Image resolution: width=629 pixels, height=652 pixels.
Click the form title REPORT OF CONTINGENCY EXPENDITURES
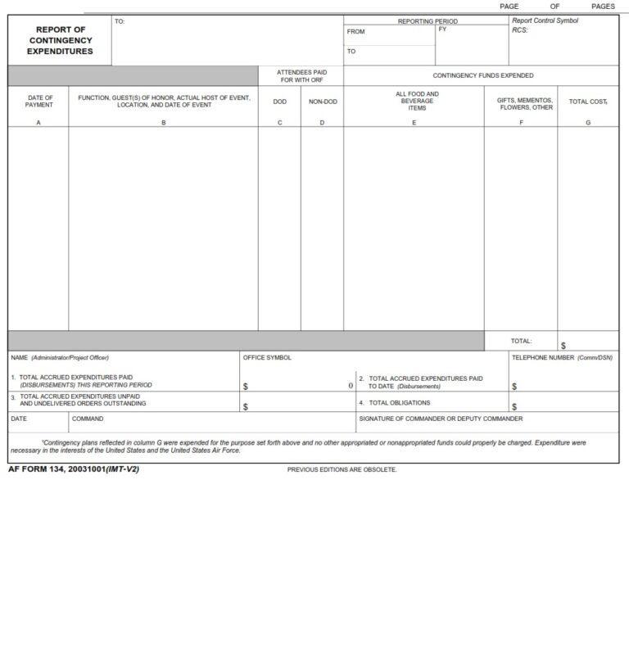point(60,40)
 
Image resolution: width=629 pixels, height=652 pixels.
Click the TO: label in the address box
point(120,21)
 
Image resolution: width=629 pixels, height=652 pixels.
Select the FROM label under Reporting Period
point(356,32)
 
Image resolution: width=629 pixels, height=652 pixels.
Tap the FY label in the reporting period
point(442,29)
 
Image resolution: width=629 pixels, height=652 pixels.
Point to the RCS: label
point(520,30)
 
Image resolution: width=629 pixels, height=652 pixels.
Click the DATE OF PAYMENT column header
point(39,102)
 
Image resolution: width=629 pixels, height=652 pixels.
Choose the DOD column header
point(280,102)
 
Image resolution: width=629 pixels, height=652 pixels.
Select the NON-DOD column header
point(322,102)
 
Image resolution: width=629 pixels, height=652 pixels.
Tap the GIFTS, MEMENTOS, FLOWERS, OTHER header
point(526,103)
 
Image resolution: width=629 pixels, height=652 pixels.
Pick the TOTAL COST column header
point(588,102)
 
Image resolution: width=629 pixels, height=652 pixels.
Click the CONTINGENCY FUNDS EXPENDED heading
point(483,75)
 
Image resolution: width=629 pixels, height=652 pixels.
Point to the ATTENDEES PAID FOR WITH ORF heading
point(301,75)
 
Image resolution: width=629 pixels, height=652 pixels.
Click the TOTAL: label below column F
point(521,341)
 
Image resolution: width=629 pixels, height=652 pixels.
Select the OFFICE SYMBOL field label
point(267,358)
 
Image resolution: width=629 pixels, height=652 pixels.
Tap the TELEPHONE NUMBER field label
point(562,358)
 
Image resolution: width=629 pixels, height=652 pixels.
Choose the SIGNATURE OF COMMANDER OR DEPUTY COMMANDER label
point(441,419)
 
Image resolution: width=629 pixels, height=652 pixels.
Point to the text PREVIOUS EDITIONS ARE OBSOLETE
point(342,469)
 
